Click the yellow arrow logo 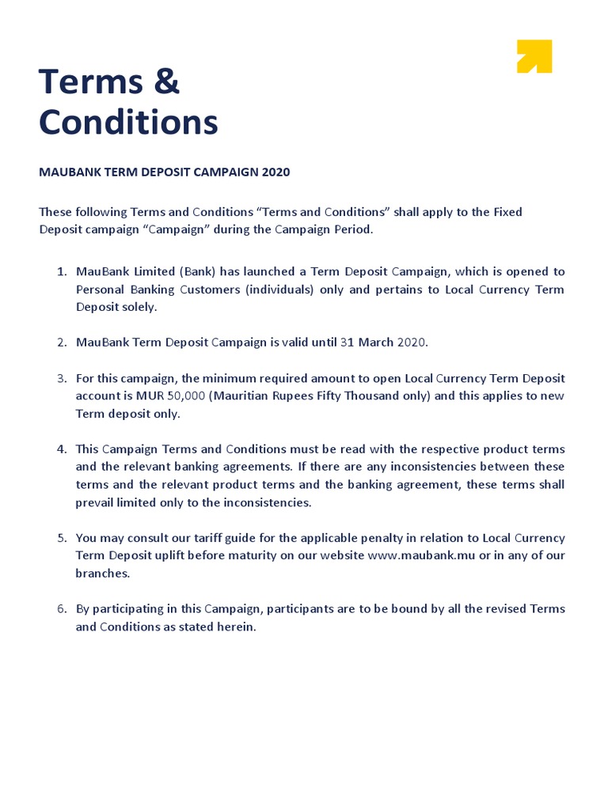pyautogui.click(x=534, y=56)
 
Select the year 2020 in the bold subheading pyautogui.click(x=275, y=172)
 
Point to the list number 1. pyautogui.click(x=61, y=272)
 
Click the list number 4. pyautogui.click(x=61, y=449)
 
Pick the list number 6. pyautogui.click(x=61, y=609)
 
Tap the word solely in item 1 pyautogui.click(x=138, y=307)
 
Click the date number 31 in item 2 pyautogui.click(x=348, y=343)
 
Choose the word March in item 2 pyautogui.click(x=377, y=343)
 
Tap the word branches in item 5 pyautogui.click(x=101, y=573)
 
